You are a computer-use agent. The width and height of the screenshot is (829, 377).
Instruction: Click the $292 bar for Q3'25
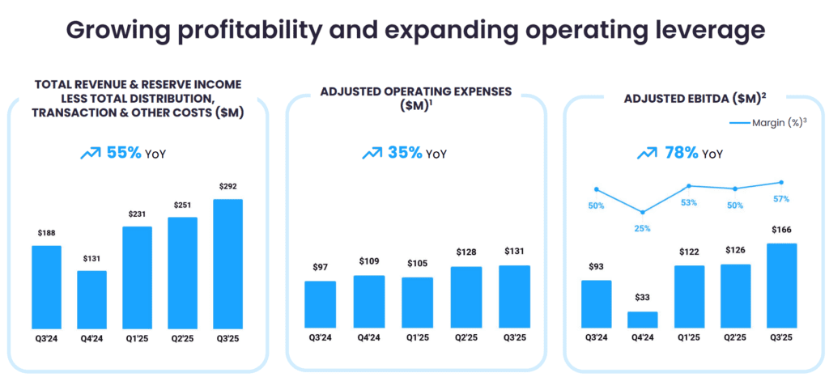228,264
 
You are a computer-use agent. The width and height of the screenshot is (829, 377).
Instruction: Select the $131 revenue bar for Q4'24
91,299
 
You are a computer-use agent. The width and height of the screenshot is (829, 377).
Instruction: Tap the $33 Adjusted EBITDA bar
644,320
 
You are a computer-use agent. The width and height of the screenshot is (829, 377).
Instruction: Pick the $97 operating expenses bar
320,304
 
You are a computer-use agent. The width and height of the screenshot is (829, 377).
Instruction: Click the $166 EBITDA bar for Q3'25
781,286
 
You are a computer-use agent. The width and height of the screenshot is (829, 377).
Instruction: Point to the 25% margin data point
643,213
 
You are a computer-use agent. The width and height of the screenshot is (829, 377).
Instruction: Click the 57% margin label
781,199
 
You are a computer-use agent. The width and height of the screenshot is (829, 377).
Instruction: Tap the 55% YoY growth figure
124,152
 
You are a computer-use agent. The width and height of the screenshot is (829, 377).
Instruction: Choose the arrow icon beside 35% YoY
372,153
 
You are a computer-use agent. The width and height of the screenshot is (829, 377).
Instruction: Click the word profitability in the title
262,30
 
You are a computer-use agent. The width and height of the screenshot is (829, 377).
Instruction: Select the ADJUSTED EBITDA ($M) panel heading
695,99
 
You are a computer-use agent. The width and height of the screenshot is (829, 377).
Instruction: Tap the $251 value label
183,205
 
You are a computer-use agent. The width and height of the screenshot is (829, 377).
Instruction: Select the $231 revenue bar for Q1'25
138,277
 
